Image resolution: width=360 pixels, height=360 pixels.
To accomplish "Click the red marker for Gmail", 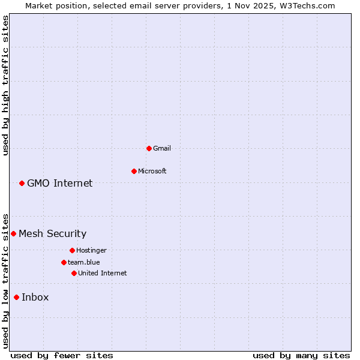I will click(x=149, y=148).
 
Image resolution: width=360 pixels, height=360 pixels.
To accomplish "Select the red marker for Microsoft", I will click(x=134, y=171).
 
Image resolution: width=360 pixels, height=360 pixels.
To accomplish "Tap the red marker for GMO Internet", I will click(x=22, y=183).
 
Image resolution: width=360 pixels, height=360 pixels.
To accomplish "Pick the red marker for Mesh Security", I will click(x=13, y=233).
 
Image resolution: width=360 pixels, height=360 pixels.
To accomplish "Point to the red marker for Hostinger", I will click(x=72, y=250).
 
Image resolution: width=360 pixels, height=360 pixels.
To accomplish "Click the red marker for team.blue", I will click(x=64, y=262).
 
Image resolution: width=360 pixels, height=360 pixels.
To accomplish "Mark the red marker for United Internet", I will click(x=74, y=273).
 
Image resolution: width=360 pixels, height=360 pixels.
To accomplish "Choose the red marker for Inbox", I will click(x=16, y=297).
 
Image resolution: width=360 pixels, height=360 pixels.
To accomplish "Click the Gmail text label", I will click(x=162, y=148).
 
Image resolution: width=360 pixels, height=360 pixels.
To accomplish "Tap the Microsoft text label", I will click(x=152, y=171).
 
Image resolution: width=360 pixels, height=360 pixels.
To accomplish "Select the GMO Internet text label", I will click(x=60, y=183).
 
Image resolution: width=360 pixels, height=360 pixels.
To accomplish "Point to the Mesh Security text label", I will click(x=53, y=233).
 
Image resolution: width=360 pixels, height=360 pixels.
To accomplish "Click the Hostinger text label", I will click(x=91, y=250).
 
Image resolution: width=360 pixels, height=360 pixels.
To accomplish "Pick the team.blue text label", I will click(x=84, y=262).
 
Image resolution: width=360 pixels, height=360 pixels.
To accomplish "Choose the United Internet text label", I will click(x=103, y=273).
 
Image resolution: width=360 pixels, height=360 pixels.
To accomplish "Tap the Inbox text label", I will click(x=35, y=297).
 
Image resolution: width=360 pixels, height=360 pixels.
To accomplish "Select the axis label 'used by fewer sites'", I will click(x=62, y=355).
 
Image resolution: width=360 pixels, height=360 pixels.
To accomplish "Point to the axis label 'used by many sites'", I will click(x=301, y=355).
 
